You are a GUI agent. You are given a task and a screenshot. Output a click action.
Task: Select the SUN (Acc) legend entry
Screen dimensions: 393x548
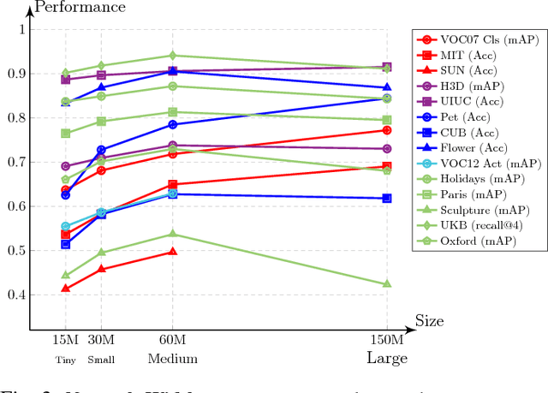469,69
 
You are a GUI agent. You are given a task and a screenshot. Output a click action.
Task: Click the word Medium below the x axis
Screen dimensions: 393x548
173,359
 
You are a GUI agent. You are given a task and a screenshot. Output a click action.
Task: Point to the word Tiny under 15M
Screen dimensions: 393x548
65,360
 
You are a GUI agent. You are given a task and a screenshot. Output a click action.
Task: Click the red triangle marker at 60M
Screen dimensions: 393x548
173,251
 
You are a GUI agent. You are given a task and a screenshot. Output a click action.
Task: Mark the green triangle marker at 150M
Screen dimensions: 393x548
386,283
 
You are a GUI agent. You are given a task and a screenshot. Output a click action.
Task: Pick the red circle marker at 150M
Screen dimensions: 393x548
386,130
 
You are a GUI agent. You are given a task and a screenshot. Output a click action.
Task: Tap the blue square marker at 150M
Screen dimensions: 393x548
386,198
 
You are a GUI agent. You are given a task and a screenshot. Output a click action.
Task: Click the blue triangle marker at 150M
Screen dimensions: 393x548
386,87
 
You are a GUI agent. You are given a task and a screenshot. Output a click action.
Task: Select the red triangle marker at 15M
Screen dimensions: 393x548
66,288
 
